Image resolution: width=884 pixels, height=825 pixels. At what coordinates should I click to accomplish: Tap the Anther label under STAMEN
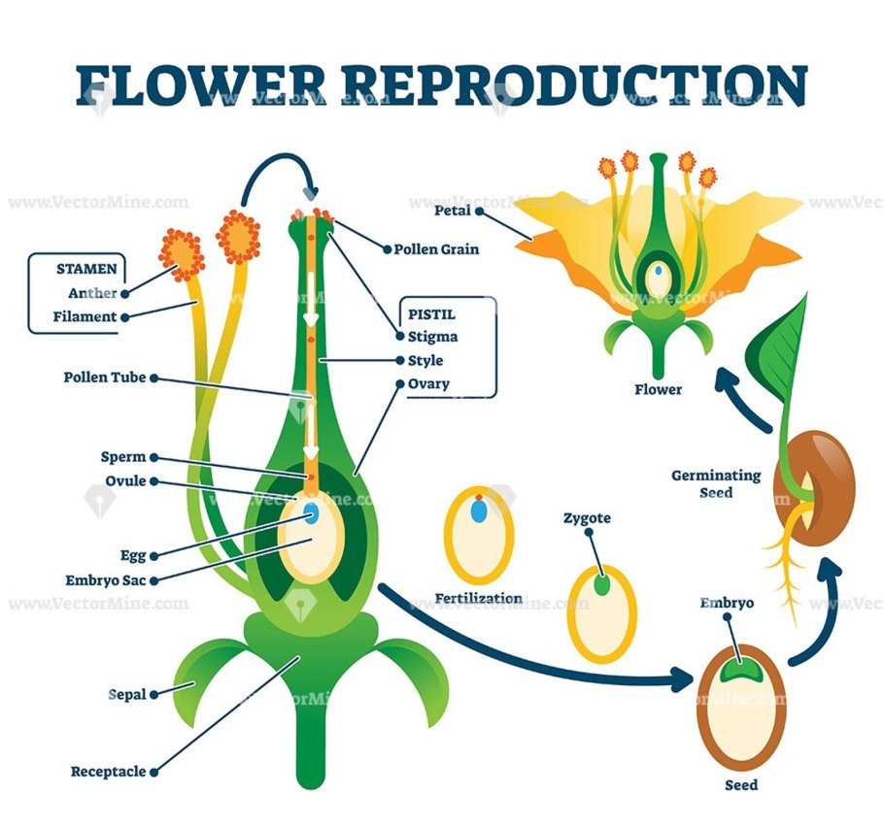[92, 293]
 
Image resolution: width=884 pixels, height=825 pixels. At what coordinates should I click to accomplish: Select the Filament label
[85, 316]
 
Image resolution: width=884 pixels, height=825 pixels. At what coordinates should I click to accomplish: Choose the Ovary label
[428, 383]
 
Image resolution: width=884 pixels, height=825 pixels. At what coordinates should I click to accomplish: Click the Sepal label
[126, 695]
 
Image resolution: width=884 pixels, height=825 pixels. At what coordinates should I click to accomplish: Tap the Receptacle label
[108, 773]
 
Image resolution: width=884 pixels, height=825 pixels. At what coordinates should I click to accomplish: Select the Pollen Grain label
[436, 249]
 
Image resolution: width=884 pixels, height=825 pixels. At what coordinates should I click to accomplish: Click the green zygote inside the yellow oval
[602, 586]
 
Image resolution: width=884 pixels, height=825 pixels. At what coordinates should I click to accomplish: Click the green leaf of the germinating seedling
[786, 349]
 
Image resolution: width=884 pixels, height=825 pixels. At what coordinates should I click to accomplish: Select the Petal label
[454, 210]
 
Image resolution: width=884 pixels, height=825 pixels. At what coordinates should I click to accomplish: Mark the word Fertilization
[479, 598]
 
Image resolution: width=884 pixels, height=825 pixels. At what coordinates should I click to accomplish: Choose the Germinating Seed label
[716, 483]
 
